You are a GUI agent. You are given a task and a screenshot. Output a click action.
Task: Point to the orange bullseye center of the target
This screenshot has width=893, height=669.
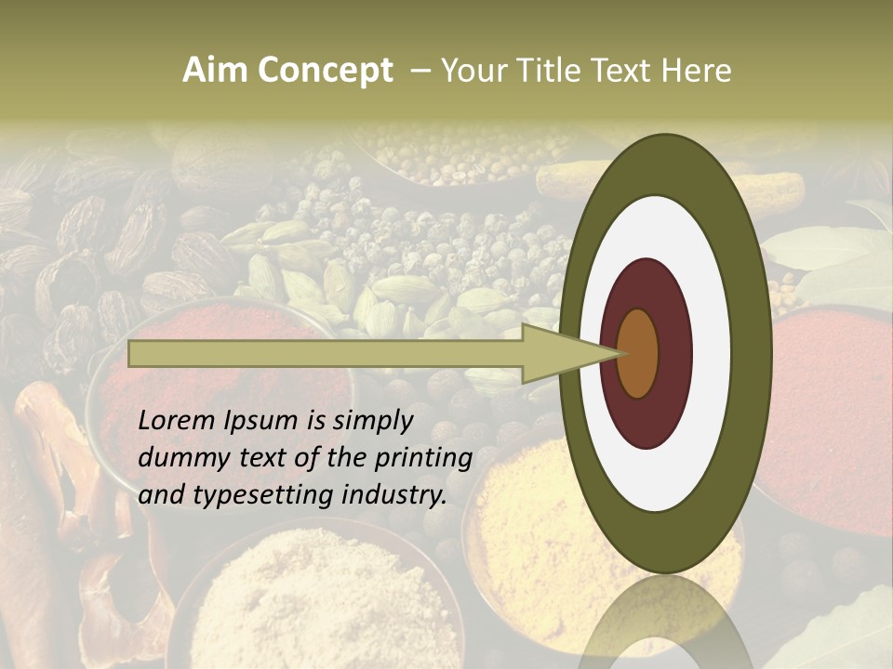tap(637, 354)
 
